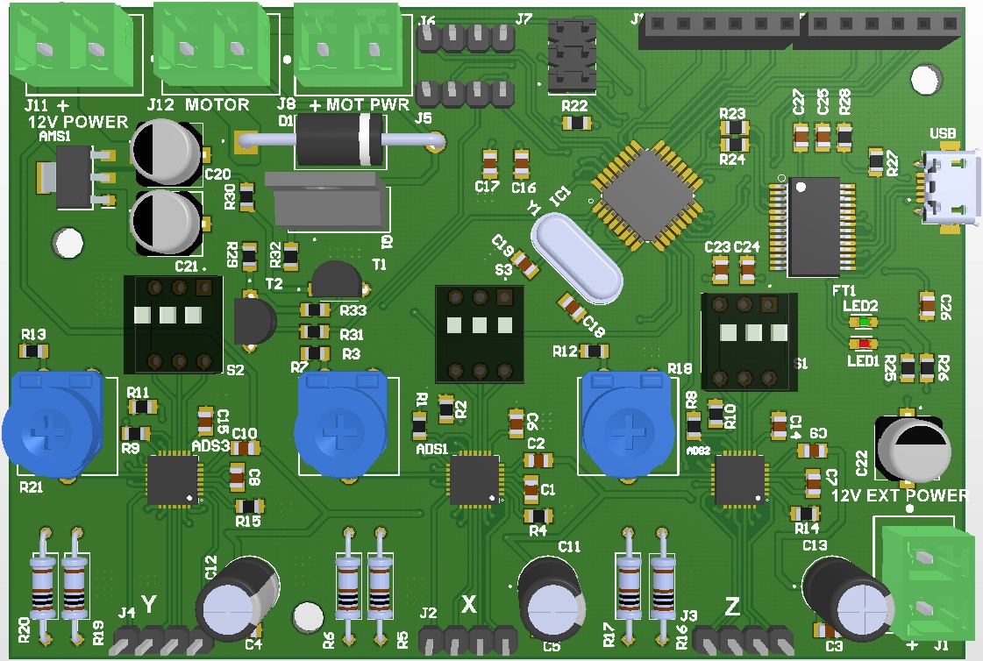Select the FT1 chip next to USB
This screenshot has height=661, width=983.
813,226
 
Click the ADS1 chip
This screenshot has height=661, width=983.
474,480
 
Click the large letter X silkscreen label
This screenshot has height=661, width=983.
469,604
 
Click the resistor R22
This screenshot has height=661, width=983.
575,124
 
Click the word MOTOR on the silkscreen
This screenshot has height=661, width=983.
217,104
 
